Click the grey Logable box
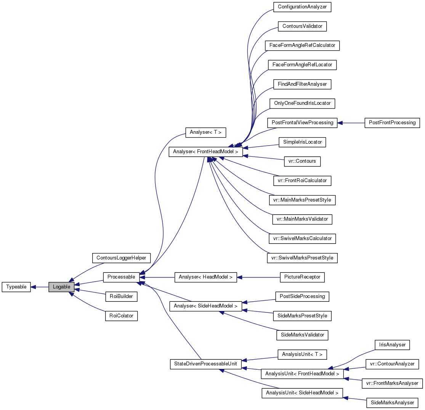61,287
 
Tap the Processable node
121,277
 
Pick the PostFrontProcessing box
392,123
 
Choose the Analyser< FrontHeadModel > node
205,152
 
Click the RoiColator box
121,316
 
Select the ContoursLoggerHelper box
121,258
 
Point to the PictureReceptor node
302,277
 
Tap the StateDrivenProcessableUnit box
205,364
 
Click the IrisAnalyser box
392,345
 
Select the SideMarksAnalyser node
392,403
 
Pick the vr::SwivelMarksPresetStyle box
302,258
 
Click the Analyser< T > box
205,132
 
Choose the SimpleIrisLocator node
302,142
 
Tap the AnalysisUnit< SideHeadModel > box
302,393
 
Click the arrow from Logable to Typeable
39,287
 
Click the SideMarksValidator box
302,335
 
